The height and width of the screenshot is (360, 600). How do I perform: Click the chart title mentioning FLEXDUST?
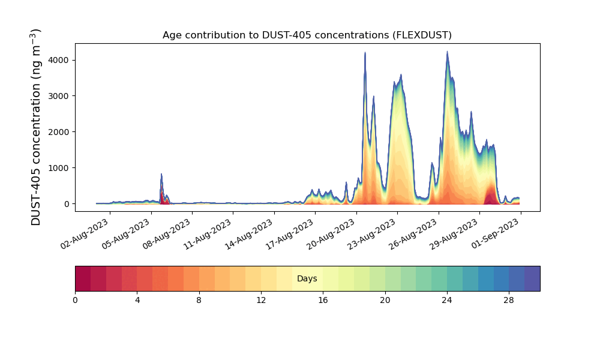click(x=307, y=35)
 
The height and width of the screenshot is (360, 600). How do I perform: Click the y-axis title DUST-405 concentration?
click(x=35, y=127)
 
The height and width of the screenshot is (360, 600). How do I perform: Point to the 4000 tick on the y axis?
click(x=59, y=60)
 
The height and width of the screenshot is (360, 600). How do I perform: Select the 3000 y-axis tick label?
click(x=59, y=96)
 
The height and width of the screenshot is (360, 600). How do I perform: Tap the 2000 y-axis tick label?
click(x=59, y=132)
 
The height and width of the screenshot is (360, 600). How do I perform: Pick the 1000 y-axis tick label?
click(x=59, y=168)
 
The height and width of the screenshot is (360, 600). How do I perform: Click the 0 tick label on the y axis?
click(x=67, y=204)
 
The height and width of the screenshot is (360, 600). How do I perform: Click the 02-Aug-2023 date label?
click(x=85, y=234)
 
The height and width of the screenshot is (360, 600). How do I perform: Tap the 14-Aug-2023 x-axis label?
click(x=249, y=234)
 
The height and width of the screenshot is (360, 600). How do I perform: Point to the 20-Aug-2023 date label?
click(x=331, y=234)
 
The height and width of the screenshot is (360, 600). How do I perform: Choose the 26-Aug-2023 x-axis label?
click(x=413, y=234)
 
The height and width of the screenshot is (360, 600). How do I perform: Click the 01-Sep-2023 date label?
click(x=495, y=234)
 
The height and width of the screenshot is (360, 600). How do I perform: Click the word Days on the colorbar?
click(x=307, y=279)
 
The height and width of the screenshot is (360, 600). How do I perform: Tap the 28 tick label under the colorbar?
click(x=509, y=301)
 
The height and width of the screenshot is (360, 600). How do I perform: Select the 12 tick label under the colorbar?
click(x=261, y=301)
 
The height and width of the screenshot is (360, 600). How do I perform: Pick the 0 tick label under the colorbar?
click(x=75, y=301)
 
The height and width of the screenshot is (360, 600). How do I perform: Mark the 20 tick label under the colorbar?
click(x=385, y=301)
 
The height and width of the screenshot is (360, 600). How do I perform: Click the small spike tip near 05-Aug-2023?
click(x=161, y=174)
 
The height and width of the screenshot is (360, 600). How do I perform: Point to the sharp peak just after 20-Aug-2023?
click(x=365, y=52)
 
